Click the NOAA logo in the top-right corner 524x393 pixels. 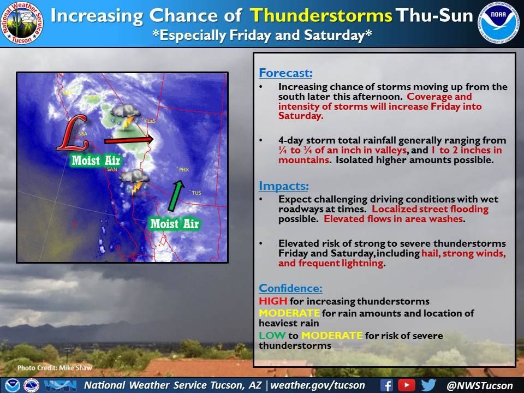point(499,23)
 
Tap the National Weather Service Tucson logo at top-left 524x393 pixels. point(22,23)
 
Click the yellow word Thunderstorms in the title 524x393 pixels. point(321,15)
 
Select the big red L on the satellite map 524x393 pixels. point(73,133)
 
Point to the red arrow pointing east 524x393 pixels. point(129,140)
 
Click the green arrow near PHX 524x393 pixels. point(176,196)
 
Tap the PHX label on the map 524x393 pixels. point(184,170)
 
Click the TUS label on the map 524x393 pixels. point(196,193)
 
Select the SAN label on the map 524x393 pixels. point(112,169)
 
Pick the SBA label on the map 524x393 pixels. point(82,134)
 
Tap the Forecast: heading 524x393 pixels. point(285,73)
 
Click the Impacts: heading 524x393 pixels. point(284,186)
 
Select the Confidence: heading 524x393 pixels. point(290,288)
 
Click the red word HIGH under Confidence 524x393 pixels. point(273,301)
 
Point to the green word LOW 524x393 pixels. point(272,335)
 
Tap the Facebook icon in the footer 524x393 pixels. point(386,385)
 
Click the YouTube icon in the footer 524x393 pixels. point(407,385)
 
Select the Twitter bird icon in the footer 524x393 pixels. point(429,385)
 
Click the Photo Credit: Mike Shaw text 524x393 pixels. point(55,368)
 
